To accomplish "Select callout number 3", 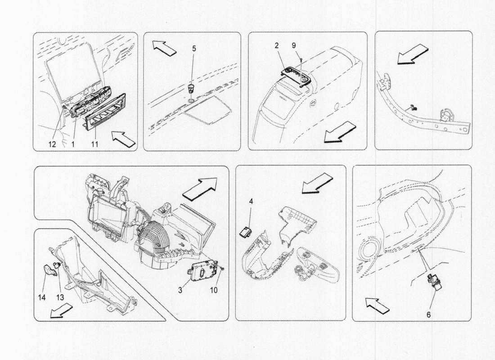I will point(180,291).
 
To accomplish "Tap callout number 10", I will point(214,291).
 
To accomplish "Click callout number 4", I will point(251,202).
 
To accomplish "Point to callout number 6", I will point(428,315).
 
